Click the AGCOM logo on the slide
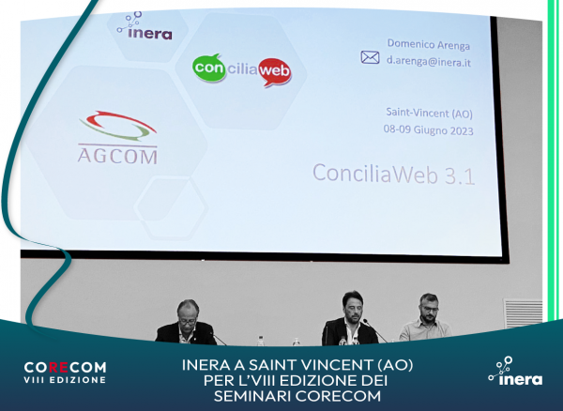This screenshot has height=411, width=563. (x=116, y=136)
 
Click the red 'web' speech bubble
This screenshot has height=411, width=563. (x=273, y=71)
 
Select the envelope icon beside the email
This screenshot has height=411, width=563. (x=370, y=57)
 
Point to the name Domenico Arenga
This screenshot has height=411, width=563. (x=429, y=42)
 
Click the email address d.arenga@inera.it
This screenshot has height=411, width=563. (x=429, y=58)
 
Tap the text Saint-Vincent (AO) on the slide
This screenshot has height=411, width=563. (x=429, y=114)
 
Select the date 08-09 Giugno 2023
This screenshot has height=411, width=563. (x=429, y=130)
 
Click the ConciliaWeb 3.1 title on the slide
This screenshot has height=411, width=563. (x=392, y=174)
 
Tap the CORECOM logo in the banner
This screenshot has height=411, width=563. (x=65, y=366)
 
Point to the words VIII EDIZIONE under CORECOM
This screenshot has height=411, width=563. (x=65, y=380)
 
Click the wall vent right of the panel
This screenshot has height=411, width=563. (x=523, y=312)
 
